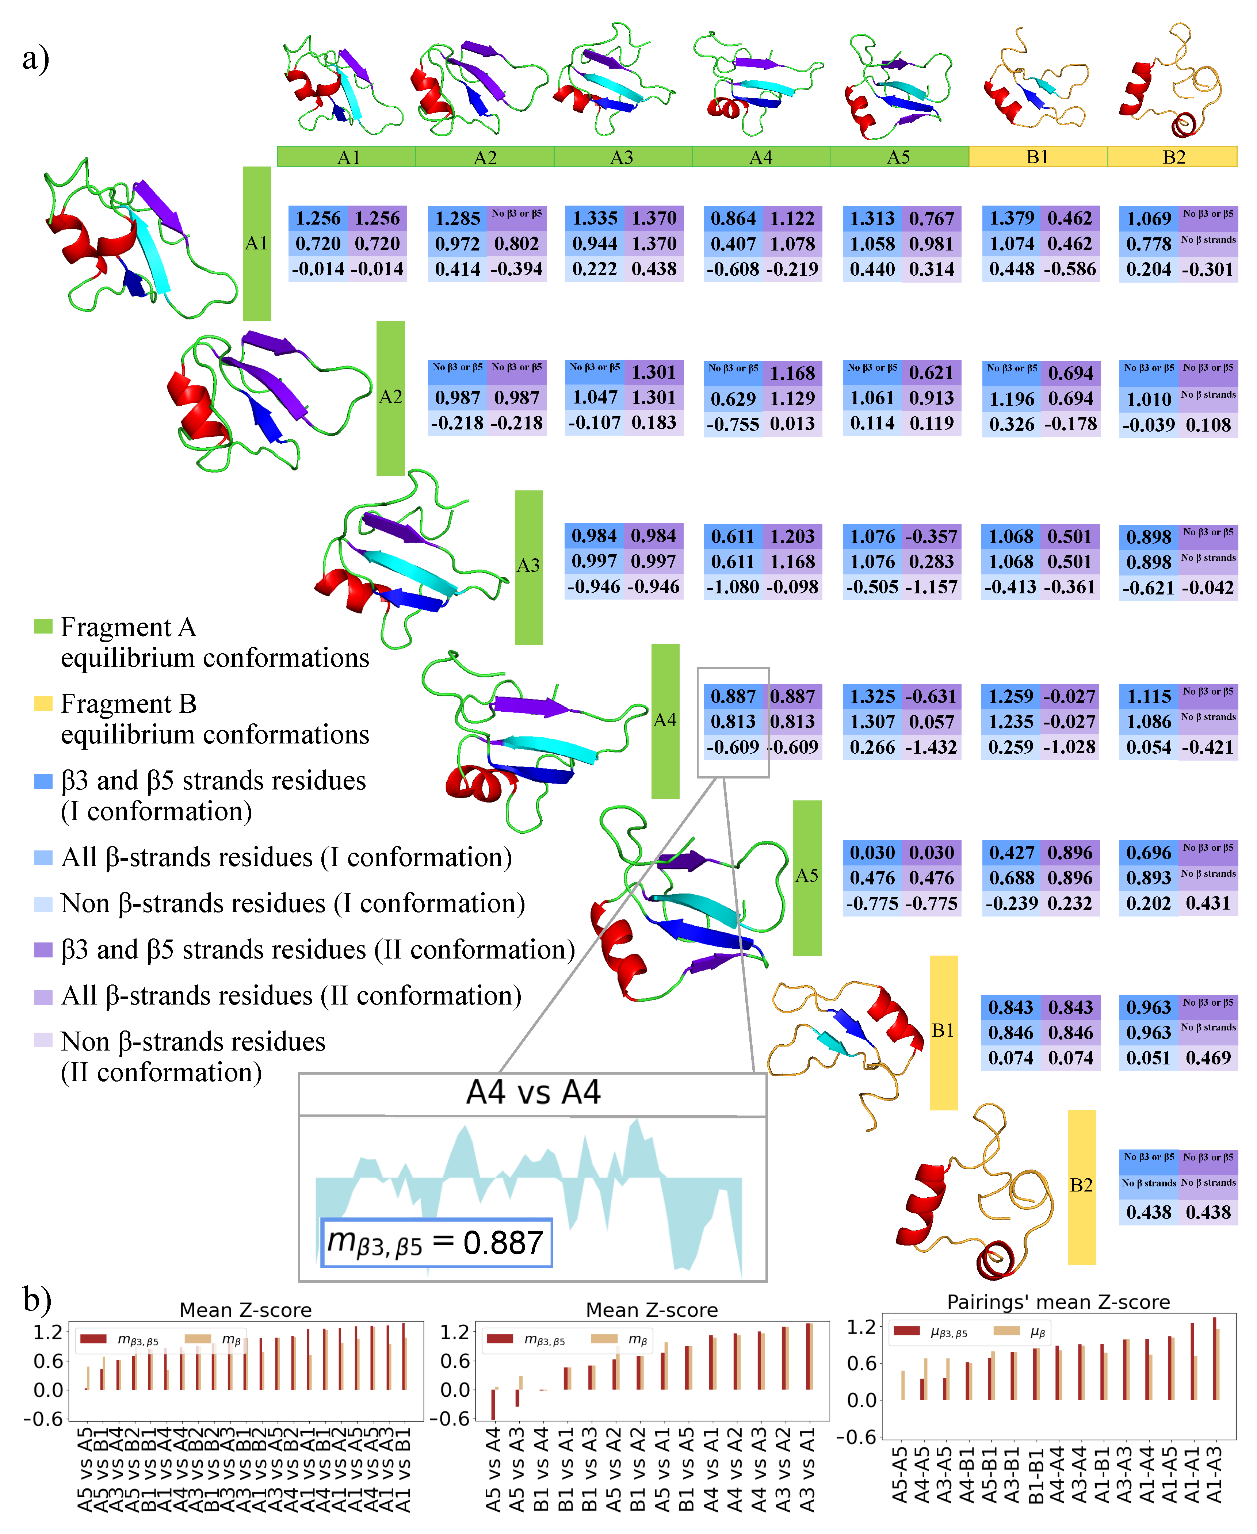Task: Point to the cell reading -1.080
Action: coord(733,587)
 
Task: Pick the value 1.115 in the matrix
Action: coord(1149,696)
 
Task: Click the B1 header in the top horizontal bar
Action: coord(1038,157)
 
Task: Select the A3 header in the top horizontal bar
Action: coord(622,157)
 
